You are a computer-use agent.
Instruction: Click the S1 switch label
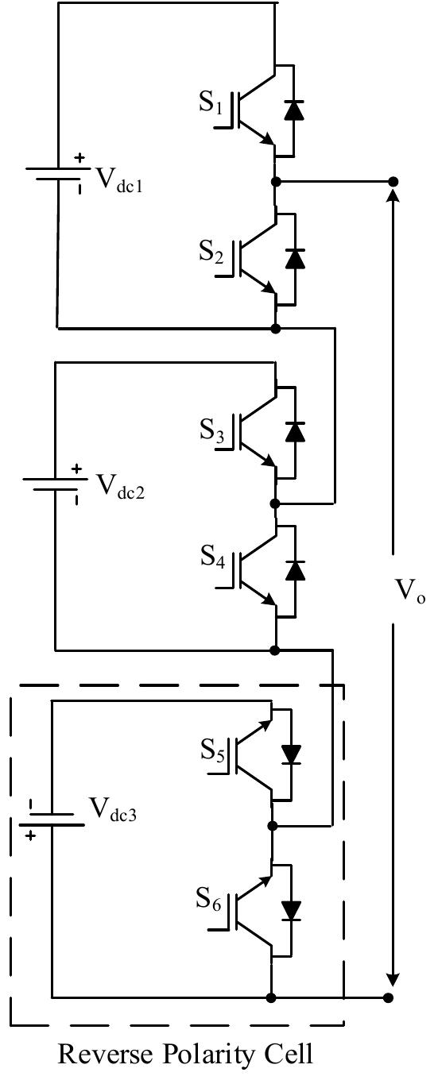[x=212, y=106]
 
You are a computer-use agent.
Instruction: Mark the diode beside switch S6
[x=293, y=908]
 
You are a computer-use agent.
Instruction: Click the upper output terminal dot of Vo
[x=392, y=182]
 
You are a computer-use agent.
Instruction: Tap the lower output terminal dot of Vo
[x=389, y=997]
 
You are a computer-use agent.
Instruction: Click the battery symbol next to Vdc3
[x=52, y=820]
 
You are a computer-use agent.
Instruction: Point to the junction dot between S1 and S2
[x=276, y=182]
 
